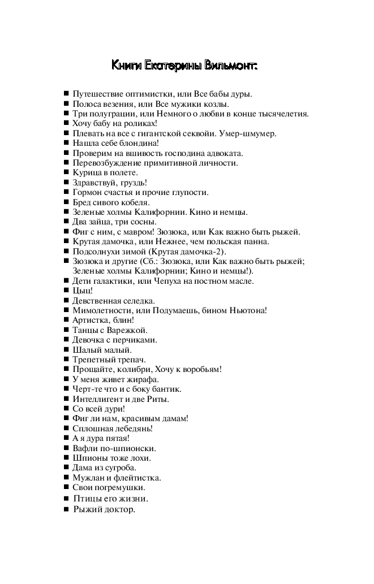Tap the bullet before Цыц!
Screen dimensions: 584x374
click(66, 291)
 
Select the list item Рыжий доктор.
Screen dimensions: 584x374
click(105, 509)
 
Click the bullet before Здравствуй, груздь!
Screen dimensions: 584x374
click(66, 183)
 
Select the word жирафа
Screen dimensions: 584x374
click(144, 379)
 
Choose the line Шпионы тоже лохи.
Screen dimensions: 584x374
click(111, 458)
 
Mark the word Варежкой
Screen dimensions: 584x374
click(131, 330)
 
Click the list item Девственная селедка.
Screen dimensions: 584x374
click(114, 301)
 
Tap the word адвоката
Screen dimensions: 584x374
click(224, 153)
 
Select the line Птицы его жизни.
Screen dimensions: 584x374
click(111, 499)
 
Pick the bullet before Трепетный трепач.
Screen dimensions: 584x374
click(66, 360)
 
